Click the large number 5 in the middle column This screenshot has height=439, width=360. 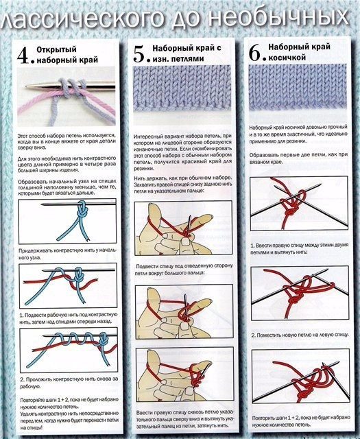141,53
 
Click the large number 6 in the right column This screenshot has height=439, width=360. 256,53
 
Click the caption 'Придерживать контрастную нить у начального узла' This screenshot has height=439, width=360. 69,255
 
